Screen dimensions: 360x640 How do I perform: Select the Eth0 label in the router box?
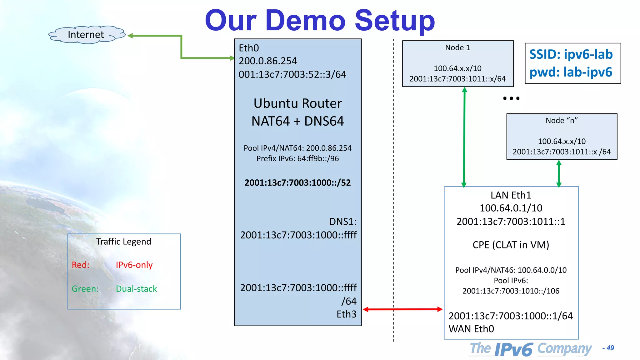point(249,48)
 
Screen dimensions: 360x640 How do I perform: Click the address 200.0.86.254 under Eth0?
point(268,61)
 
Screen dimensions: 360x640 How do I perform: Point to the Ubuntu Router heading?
point(297,103)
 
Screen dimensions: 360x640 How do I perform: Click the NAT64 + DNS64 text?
point(297,121)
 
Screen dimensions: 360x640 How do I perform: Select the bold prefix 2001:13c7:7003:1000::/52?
point(297,183)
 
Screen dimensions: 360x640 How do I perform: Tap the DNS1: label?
point(343,222)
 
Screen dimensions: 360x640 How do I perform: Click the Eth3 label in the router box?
point(346,314)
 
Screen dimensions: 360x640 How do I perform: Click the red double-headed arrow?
point(402,309)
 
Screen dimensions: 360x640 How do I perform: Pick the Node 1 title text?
point(457,47)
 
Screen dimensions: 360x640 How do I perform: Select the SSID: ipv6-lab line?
point(571,54)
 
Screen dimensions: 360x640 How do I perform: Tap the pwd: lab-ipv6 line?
point(571,72)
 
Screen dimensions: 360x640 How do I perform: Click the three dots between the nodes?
point(511,98)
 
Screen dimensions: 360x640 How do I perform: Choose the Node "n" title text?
point(562,121)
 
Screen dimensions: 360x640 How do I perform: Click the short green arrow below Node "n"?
point(559,174)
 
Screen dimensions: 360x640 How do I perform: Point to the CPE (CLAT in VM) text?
point(511,245)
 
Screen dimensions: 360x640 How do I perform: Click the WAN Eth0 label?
point(471,329)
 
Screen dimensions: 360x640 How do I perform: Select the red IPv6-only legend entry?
point(134,265)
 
